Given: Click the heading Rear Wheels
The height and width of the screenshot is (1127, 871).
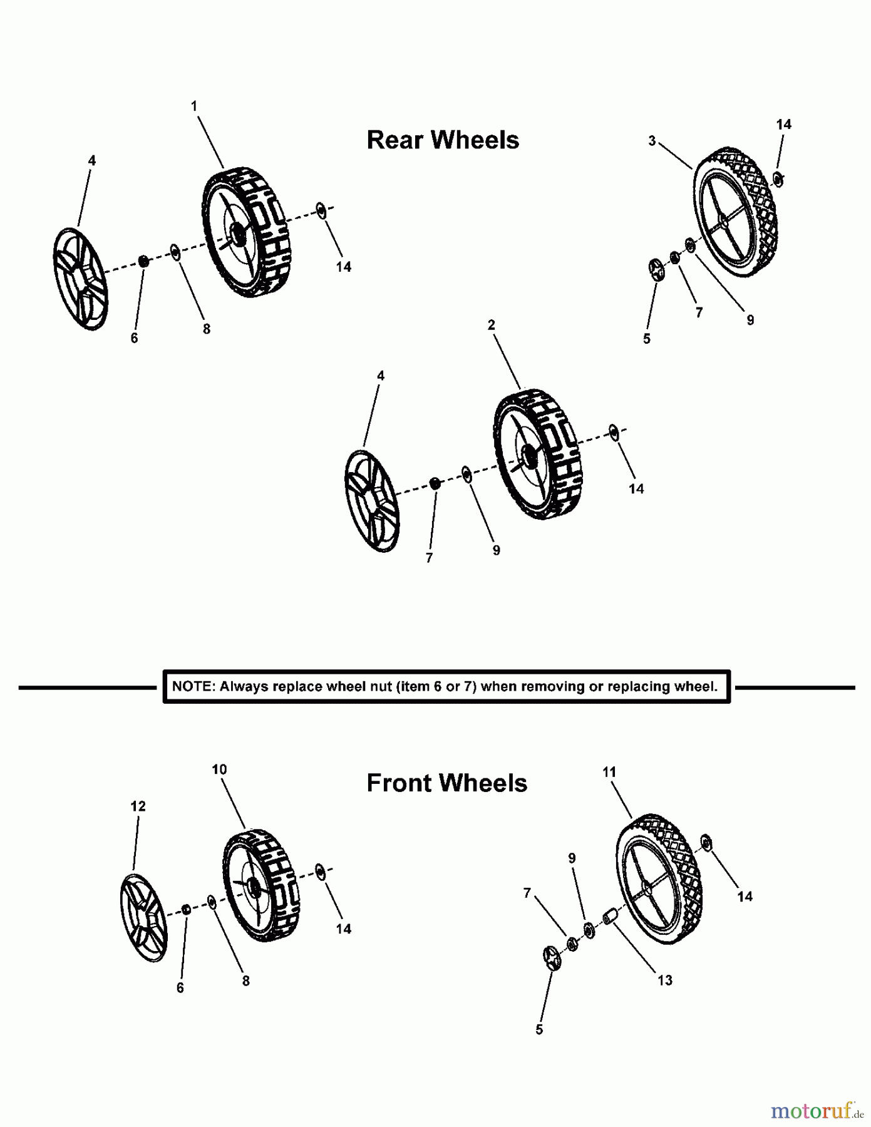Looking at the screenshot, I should tap(442, 140).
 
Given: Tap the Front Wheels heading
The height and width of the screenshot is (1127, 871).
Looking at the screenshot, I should tap(446, 783).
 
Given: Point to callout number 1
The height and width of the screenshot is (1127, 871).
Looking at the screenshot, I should tap(194, 106).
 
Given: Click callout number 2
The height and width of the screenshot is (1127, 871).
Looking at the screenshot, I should tap(492, 325).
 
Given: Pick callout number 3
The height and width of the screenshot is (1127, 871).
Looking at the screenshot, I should tap(652, 141).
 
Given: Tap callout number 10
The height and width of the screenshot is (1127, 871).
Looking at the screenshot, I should tap(219, 769).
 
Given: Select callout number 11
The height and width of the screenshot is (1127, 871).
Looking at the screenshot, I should tap(609, 773).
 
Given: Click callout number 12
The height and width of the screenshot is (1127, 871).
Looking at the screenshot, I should tap(138, 806).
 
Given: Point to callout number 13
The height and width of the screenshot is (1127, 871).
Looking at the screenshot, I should tap(665, 980).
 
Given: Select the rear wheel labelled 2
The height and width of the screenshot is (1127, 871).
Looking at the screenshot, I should tap(537, 455).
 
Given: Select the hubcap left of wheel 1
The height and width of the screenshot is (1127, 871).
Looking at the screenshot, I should tap(80, 279).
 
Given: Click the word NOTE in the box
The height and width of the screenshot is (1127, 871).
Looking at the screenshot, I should tap(192, 686).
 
